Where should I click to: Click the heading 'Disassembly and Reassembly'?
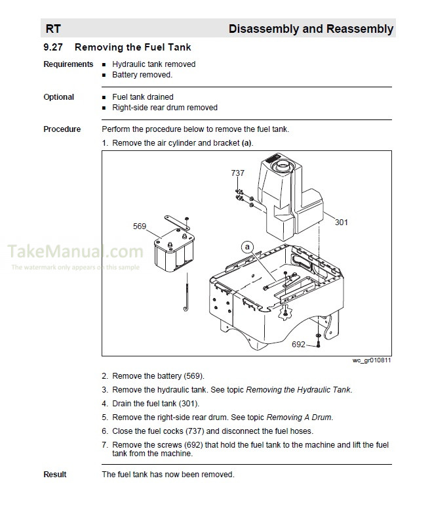[311, 29]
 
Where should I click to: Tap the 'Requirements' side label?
[68, 64]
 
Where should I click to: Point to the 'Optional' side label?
[58, 97]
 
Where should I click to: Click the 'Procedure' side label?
[62, 129]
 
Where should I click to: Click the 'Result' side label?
[55, 475]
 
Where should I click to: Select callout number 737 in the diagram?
[237, 173]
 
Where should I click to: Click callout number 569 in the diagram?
[139, 226]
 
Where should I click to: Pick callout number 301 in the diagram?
[341, 223]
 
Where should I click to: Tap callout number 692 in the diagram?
[298, 344]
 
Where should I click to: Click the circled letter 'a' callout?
[246, 247]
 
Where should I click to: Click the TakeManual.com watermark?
[75, 252]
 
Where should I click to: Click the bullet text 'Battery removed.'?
[142, 75]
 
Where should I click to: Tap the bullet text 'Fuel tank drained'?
[142, 97]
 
